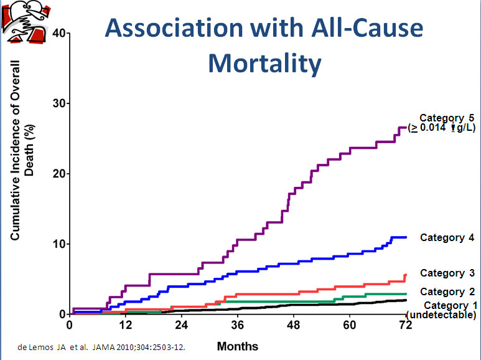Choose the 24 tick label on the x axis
pos(181,325)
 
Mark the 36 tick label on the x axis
pos(237,325)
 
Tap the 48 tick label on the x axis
pos(294,325)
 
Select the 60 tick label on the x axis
pos(350,325)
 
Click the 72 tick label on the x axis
pos(406,325)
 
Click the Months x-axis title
pos(237,346)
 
